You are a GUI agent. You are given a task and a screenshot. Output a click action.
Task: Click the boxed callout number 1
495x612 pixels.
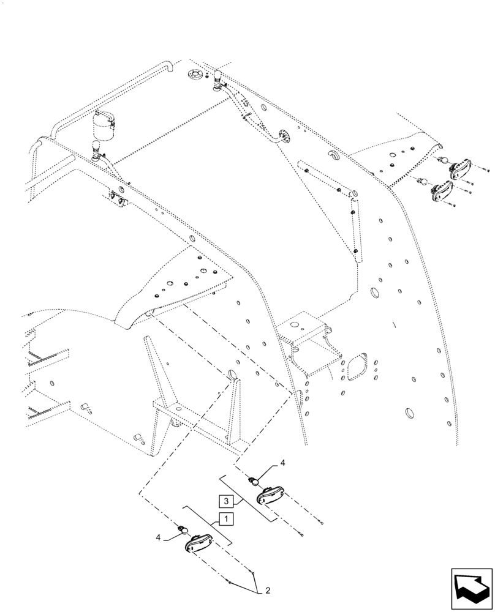[x=225, y=520]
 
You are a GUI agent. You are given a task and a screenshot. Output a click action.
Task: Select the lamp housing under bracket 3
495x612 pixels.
[x=270, y=494]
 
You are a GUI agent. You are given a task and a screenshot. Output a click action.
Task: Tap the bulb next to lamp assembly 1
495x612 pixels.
[x=182, y=529]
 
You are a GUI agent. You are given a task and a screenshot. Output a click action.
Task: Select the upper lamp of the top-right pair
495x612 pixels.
[x=460, y=169]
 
